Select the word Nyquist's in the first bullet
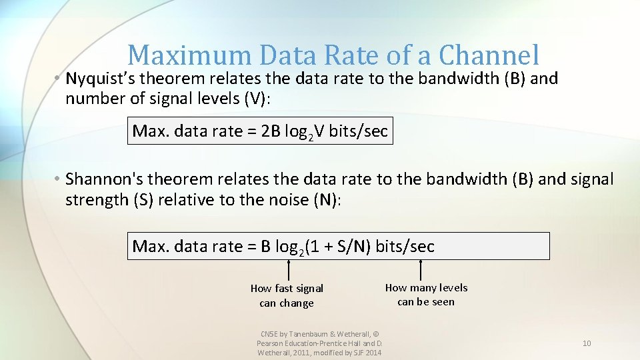pyautogui.click(x=97, y=79)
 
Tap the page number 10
pyautogui.click(x=587, y=343)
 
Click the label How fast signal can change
pyautogui.click(x=287, y=295)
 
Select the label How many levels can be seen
pyautogui.click(x=426, y=295)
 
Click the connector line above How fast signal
pyautogui.click(x=288, y=269)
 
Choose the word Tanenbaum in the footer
pyautogui.click(x=310, y=333)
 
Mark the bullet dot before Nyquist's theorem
pyautogui.click(x=59, y=79)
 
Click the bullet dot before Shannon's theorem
pyautogui.click(x=59, y=179)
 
